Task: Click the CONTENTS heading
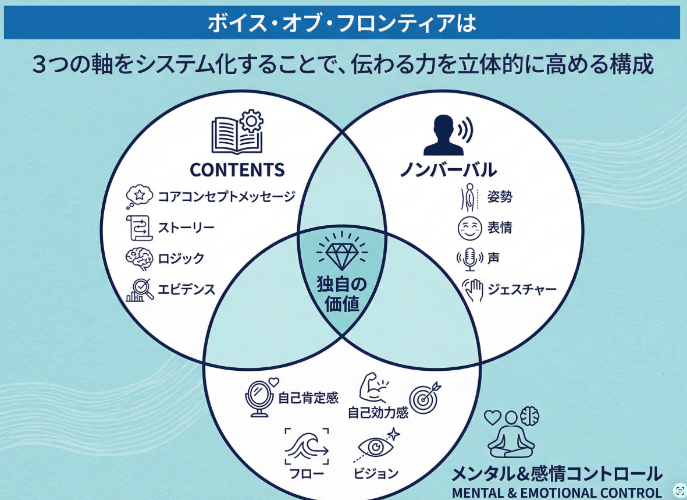pos(237,169)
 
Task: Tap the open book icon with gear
pos(238,132)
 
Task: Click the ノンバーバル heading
pos(447,170)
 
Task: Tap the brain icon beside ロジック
pos(140,258)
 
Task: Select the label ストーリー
pos(186,227)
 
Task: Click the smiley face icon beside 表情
pos(469,228)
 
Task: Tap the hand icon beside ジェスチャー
pos(473,289)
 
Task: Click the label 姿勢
pos(500,196)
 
